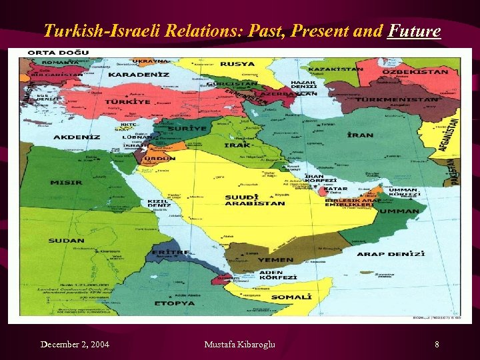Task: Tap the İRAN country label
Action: pos(360,135)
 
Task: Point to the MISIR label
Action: pos(66,182)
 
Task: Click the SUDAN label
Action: pos(66,240)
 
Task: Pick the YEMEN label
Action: pos(276,259)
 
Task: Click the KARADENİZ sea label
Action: pos(138,75)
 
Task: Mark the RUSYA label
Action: pos(237,64)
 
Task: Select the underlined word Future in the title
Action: pos(414,31)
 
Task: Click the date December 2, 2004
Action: pos(75,344)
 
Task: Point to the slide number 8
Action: pos(437,344)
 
